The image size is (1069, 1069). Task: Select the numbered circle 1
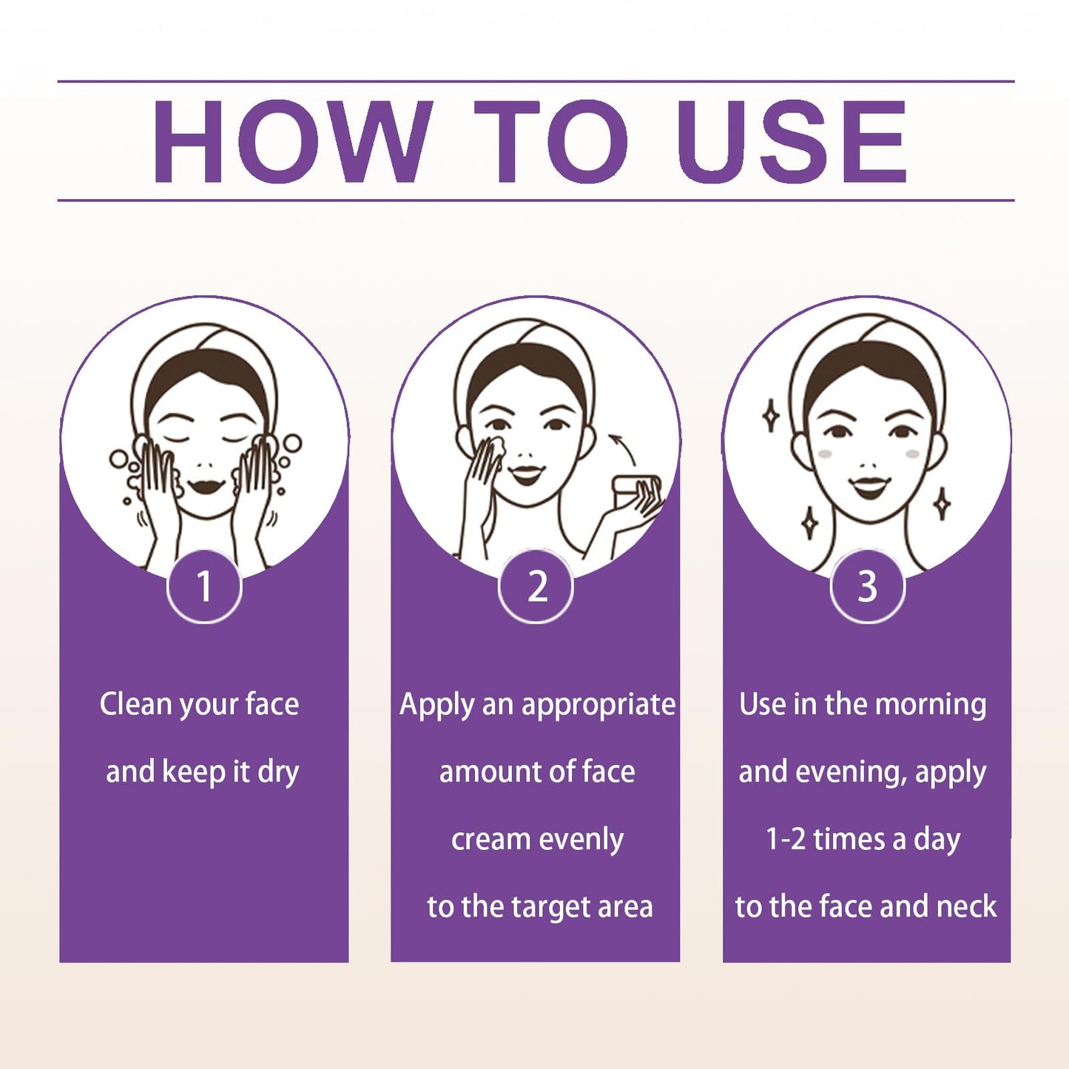pyautogui.click(x=204, y=587)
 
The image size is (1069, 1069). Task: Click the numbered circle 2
pyautogui.click(x=536, y=587)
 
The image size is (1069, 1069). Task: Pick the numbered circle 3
pyautogui.click(x=868, y=587)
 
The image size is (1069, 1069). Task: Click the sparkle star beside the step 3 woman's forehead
pyautogui.click(x=770, y=416)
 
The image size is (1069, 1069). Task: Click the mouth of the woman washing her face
pyautogui.click(x=206, y=487)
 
